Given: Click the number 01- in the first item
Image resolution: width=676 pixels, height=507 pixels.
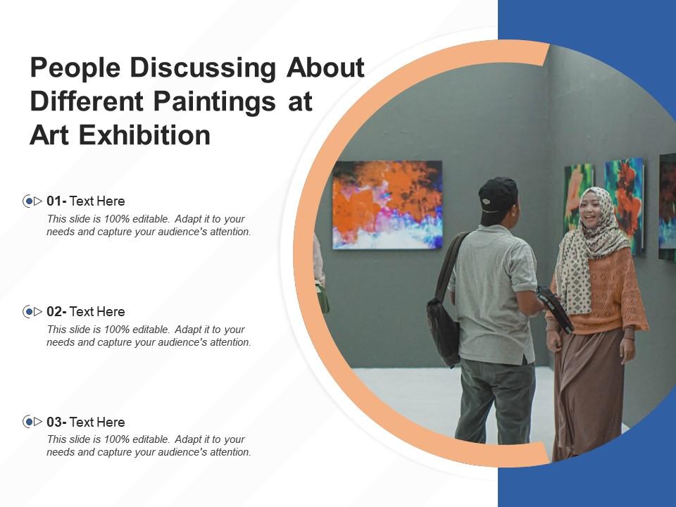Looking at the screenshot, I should click(x=56, y=201).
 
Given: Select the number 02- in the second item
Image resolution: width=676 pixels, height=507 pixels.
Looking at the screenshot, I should click(x=56, y=311).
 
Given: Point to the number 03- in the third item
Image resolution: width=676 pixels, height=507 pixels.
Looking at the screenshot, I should click(x=56, y=422).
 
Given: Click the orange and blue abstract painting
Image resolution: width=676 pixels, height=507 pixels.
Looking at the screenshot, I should click(x=387, y=204).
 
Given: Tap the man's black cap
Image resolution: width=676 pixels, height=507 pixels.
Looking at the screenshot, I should click(x=499, y=194).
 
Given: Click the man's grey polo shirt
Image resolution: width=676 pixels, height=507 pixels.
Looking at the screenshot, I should click(x=493, y=296).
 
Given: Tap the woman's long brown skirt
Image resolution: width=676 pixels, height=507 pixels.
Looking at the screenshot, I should click(x=588, y=394).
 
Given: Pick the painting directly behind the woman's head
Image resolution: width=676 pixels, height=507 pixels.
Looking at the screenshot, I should click(x=624, y=201).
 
